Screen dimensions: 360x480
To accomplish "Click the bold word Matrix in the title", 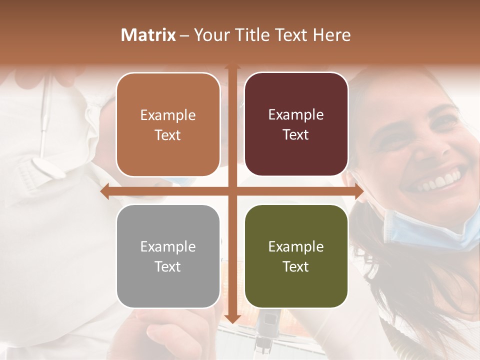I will click(x=148, y=35).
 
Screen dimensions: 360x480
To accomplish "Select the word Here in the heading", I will click(x=332, y=35).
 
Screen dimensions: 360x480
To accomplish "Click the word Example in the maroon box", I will click(x=296, y=115).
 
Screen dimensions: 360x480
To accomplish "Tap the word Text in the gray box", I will click(x=168, y=266).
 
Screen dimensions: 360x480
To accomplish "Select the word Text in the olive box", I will click(x=296, y=266).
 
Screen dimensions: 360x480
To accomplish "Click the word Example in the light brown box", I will click(x=168, y=115).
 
